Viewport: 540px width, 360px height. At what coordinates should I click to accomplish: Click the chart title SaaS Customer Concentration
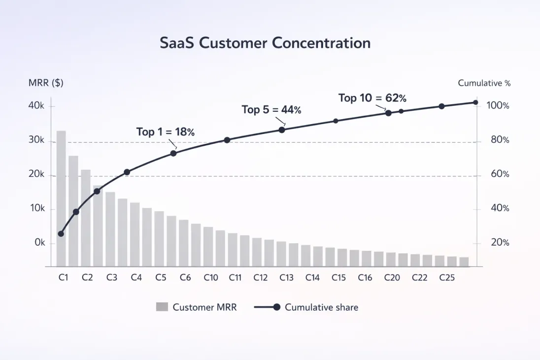click(x=265, y=43)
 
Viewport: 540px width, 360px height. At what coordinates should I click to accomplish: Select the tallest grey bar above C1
click(x=61, y=197)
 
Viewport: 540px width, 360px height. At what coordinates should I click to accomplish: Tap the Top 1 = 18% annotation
click(x=166, y=132)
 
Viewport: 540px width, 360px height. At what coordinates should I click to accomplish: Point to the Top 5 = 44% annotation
click(x=271, y=110)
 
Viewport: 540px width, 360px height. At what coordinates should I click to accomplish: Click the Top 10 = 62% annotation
click(x=372, y=98)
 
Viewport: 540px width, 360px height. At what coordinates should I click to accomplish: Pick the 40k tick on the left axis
click(x=37, y=106)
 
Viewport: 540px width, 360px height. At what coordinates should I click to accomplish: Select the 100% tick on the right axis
click(x=497, y=106)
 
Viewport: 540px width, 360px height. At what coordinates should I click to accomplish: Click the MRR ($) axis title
click(x=46, y=83)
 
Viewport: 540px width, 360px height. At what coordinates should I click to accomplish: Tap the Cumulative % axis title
click(x=484, y=83)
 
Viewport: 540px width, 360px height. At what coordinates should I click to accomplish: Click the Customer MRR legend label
click(x=204, y=307)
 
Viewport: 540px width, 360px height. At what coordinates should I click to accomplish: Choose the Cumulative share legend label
click(x=321, y=307)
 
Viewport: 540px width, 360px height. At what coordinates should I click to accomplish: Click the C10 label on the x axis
click(x=211, y=278)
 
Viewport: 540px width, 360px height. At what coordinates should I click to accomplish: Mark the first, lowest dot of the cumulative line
click(x=61, y=234)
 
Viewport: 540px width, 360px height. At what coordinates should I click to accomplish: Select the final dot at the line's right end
click(x=475, y=102)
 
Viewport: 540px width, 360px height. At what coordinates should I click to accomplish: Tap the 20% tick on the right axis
click(x=497, y=243)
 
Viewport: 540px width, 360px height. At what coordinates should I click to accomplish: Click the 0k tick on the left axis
click(x=39, y=243)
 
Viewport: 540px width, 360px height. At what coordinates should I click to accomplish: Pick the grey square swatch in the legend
click(x=162, y=307)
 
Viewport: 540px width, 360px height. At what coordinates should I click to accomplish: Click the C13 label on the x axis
click(x=286, y=278)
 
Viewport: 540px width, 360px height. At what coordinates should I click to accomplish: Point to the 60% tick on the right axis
click(x=497, y=174)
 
